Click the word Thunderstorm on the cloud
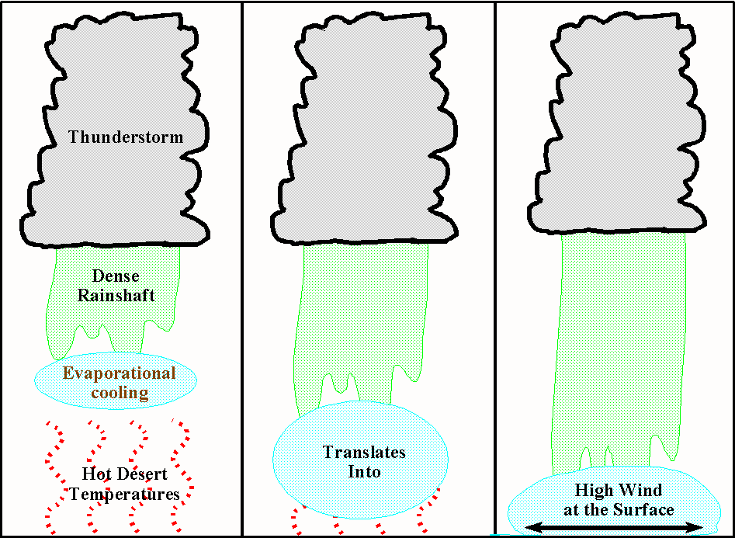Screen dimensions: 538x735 click(x=126, y=137)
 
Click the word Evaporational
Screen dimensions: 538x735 click(x=120, y=373)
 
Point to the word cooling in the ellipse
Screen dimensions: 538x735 click(x=120, y=392)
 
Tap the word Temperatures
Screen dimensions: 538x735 click(x=125, y=494)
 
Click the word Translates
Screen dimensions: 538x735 click(x=364, y=452)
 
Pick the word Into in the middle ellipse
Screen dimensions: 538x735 click(x=364, y=470)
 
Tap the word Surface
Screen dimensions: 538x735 click(x=647, y=510)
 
